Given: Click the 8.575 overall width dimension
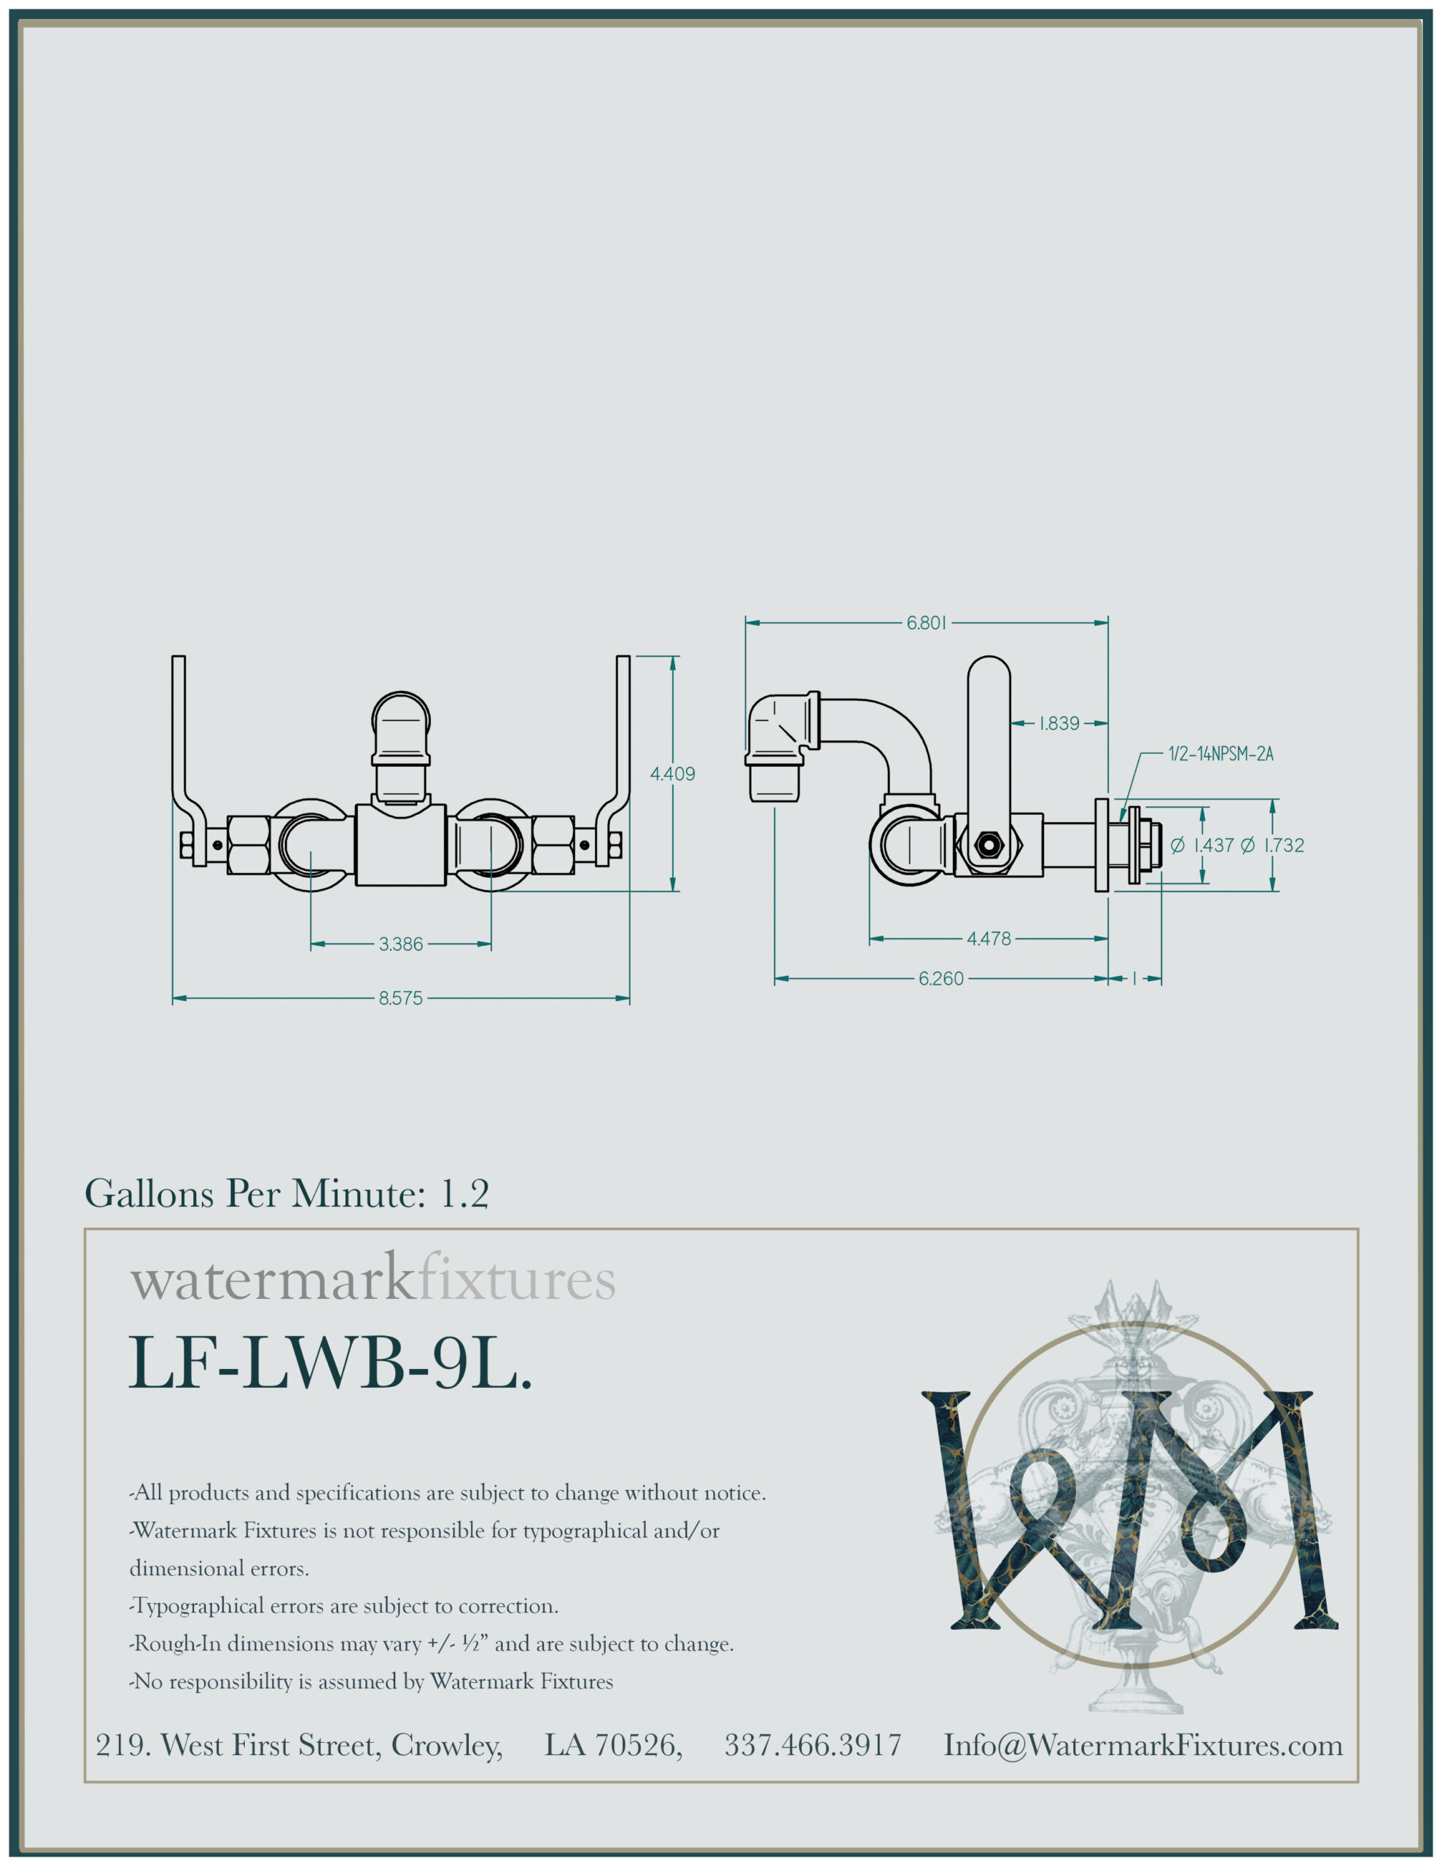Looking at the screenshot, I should [401, 998].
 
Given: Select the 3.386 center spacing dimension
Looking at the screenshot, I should [401, 944].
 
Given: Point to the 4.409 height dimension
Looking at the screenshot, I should [673, 774].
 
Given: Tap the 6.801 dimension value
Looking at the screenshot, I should [927, 623].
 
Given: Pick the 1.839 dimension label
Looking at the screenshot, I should [1059, 724].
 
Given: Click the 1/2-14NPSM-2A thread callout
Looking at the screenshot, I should [1220, 754].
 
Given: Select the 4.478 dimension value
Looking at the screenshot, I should [989, 939].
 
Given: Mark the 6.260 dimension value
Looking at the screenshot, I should [941, 978].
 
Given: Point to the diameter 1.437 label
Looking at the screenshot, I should [1203, 845].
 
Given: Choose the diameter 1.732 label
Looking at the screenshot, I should [1273, 845].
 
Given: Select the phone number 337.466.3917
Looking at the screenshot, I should [813, 1745].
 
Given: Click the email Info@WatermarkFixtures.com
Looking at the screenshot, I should [1143, 1745].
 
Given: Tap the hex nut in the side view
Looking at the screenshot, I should [989, 844].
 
